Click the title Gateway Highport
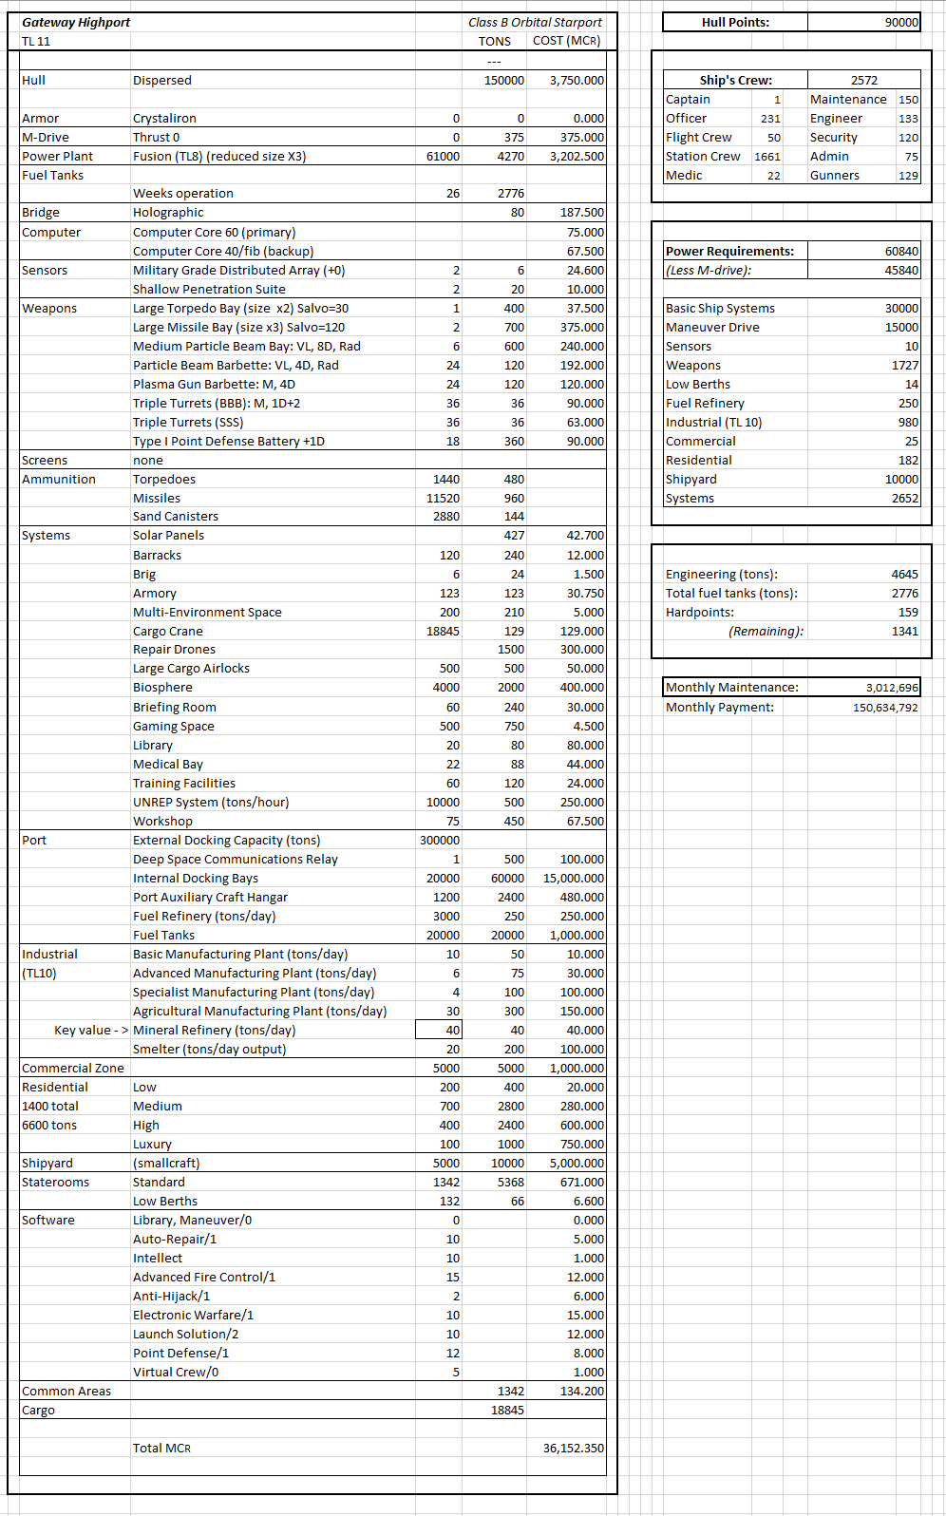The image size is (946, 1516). [x=76, y=22]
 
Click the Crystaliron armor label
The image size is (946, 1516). [x=164, y=118]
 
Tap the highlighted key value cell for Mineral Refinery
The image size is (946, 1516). [x=440, y=1030]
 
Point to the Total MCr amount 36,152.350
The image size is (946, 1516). [x=573, y=1448]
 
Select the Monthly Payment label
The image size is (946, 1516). [x=719, y=707]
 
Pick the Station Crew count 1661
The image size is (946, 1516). [x=766, y=157]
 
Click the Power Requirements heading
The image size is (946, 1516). [x=729, y=251]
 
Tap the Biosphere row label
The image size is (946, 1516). [x=162, y=688]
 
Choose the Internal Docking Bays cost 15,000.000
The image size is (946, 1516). [x=573, y=878]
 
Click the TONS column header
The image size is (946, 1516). [x=494, y=41]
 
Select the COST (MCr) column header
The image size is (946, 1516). [x=566, y=41]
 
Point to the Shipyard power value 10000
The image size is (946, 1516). [x=901, y=479]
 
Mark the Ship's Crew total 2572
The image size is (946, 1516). [x=863, y=80]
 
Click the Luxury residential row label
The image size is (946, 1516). [x=152, y=1144]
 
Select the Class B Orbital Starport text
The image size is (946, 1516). [x=535, y=22]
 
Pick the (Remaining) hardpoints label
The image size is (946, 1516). [x=766, y=631]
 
